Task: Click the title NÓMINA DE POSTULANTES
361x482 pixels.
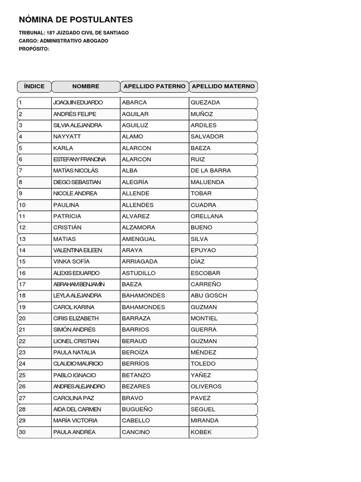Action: (x=76, y=20)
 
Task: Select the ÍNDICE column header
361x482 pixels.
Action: (x=34, y=87)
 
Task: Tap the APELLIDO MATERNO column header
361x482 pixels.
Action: (x=223, y=87)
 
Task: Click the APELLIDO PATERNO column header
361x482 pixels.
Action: (x=154, y=87)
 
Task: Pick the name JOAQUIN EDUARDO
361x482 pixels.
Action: (x=78, y=103)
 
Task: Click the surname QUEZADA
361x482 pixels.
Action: (x=205, y=103)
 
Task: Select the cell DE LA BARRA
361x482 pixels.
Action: (x=211, y=171)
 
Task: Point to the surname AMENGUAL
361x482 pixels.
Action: (x=139, y=239)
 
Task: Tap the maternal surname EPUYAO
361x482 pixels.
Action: (x=204, y=250)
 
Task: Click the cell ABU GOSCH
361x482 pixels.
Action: (x=209, y=296)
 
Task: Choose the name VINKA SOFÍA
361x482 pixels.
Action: (x=71, y=262)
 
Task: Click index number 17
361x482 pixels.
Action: (x=23, y=284)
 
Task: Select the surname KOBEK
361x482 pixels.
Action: (x=201, y=432)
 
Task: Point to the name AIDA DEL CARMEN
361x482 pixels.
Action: (x=77, y=410)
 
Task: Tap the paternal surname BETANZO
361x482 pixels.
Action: (x=136, y=375)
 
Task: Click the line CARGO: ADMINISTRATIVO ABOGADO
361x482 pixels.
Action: (x=63, y=41)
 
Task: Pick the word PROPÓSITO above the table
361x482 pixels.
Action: (x=34, y=49)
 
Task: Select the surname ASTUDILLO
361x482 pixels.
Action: (x=139, y=273)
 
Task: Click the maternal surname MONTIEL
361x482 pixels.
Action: (x=204, y=319)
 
